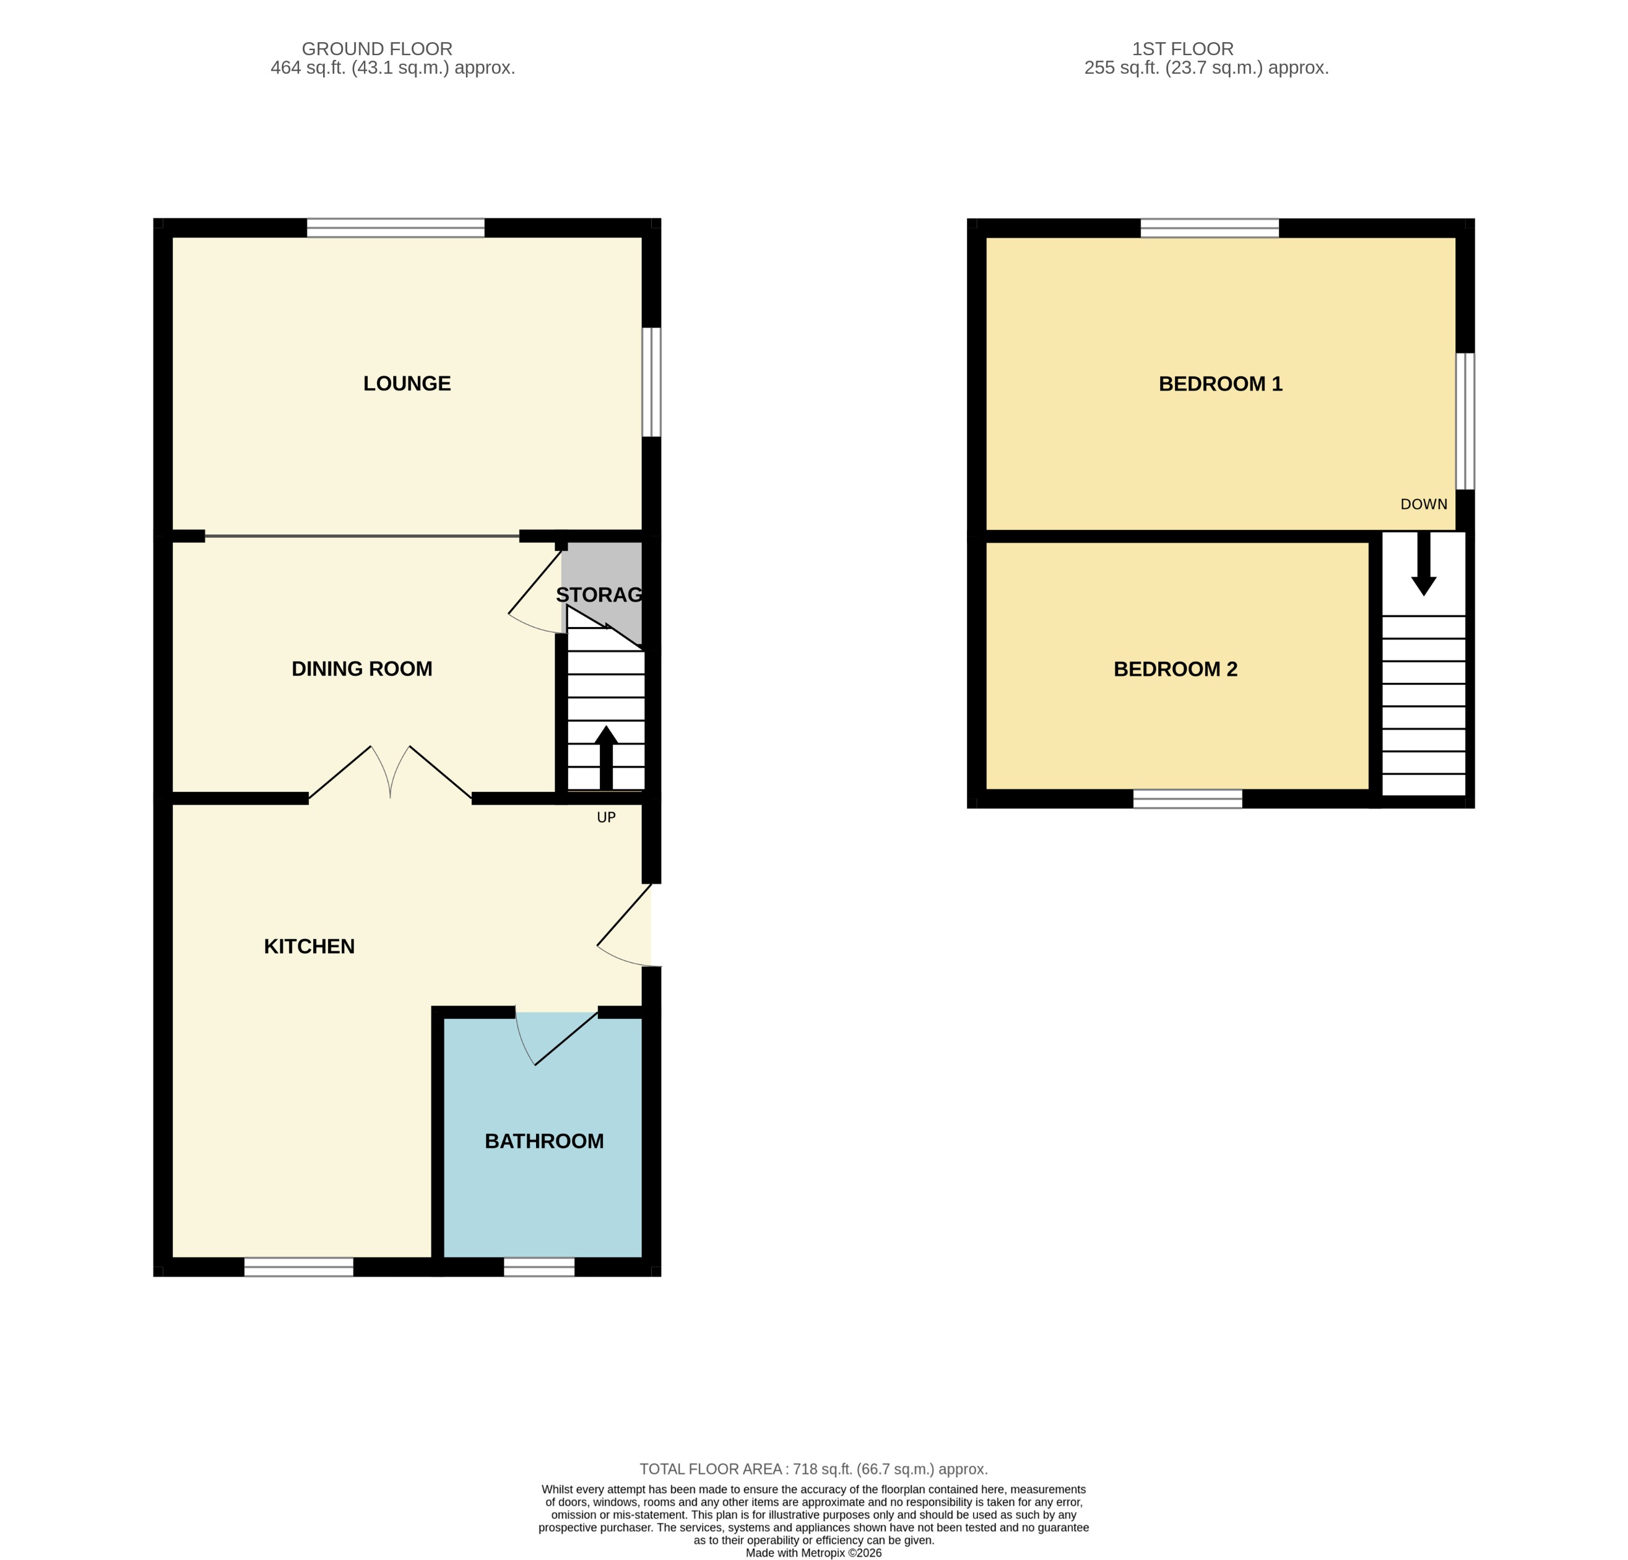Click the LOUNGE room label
[407, 384]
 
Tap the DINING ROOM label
[362, 669]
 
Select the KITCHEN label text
[309, 946]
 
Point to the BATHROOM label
[544, 1142]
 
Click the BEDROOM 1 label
[1220, 384]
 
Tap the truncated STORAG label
[599, 595]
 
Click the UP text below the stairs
[607, 817]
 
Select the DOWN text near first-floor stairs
[1424, 505]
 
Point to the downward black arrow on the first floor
[1424, 564]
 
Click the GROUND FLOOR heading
[377, 49]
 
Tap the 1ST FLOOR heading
[1183, 49]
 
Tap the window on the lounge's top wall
[396, 228]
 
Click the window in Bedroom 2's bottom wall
[1188, 799]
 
